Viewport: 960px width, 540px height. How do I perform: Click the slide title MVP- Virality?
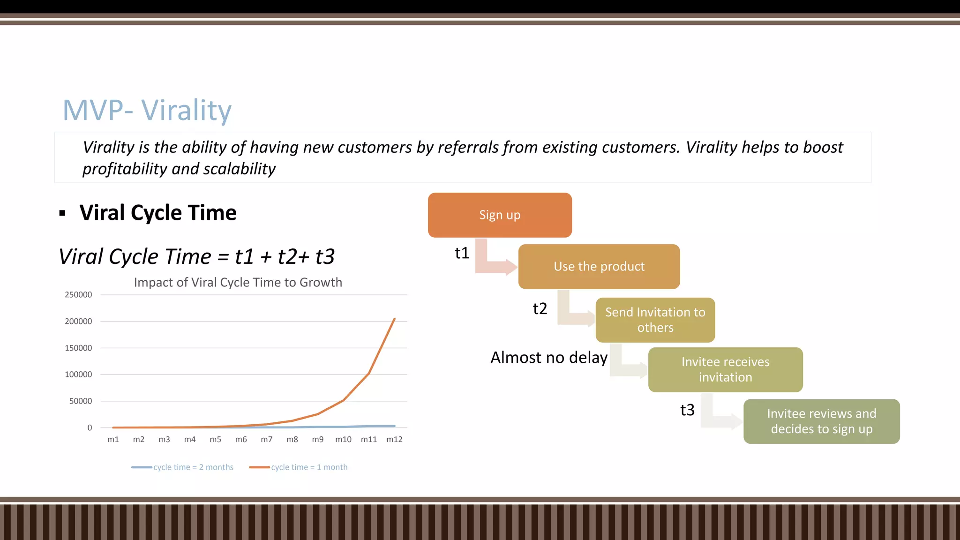pos(147,111)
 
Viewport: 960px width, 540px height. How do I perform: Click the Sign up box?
pos(500,215)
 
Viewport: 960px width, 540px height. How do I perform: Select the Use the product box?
pos(599,266)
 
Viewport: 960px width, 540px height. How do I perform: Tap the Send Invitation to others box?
pos(655,320)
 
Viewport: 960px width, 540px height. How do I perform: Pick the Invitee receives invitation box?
pos(725,369)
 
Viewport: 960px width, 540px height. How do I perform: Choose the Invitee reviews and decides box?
pos(821,421)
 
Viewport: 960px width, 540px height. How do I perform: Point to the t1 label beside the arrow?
pos(462,254)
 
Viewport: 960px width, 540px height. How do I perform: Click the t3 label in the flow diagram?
pos(687,410)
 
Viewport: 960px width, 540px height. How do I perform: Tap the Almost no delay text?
pos(548,358)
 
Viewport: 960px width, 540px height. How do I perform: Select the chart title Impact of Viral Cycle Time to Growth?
pos(238,282)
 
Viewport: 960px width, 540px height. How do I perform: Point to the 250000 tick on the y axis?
pos(78,295)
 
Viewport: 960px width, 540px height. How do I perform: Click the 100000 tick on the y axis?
pos(78,375)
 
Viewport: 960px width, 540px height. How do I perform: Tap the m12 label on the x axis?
pos(394,440)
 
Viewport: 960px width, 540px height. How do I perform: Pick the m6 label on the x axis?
pos(241,440)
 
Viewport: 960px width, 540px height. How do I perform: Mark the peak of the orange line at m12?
pos(394,319)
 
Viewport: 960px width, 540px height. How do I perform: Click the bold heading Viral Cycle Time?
pos(158,213)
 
